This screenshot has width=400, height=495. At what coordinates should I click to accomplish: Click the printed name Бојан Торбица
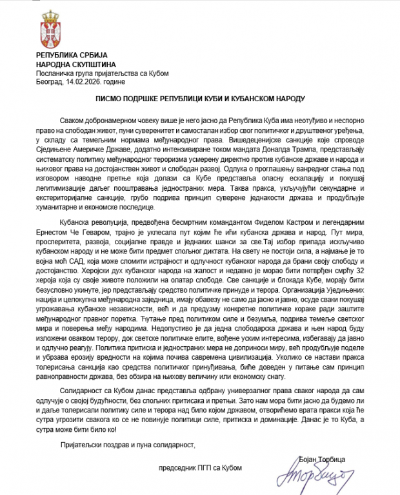322,458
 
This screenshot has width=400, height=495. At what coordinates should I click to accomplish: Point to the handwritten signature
315,477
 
